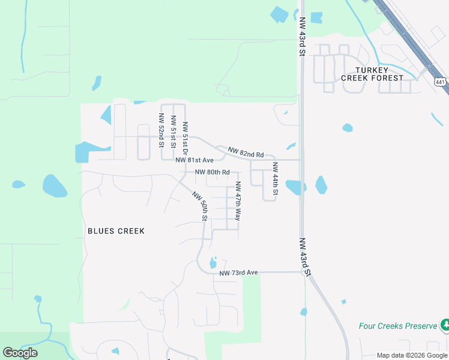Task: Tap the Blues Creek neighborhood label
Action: click(116, 231)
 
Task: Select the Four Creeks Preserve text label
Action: click(397, 326)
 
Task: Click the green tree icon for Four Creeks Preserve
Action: click(445, 325)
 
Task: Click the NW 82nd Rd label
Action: click(246, 154)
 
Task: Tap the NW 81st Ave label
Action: click(194, 161)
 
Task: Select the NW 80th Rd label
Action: click(212, 172)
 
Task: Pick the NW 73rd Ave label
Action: click(238, 273)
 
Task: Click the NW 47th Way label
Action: click(238, 201)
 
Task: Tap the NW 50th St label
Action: click(200, 207)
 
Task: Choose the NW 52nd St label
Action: click(161, 130)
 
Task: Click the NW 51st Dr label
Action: click(185, 136)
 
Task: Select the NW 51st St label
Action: click(173, 132)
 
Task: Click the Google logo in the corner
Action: click(20, 352)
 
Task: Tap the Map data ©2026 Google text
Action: click(412, 355)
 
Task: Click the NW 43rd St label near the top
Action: click(302, 37)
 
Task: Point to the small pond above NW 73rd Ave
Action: click(212, 263)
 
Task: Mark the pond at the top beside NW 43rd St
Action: click(279, 14)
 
